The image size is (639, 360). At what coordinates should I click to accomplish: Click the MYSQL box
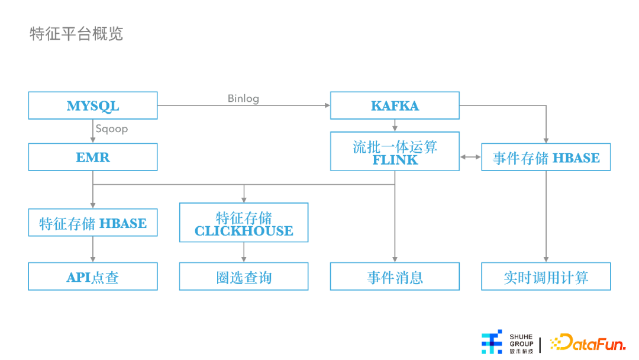[x=93, y=106]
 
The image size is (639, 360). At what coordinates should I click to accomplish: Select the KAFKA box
[x=395, y=106]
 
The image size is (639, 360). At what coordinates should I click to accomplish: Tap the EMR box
[x=93, y=157]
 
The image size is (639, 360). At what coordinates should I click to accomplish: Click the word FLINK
[x=395, y=160]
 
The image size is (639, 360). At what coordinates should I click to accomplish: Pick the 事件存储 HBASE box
[x=546, y=157]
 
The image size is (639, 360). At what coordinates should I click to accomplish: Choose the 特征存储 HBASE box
[x=93, y=223]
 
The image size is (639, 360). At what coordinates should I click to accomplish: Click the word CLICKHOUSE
[x=244, y=231]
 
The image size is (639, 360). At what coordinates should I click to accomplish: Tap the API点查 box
[x=93, y=277]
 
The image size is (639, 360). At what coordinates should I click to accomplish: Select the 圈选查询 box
[x=244, y=277]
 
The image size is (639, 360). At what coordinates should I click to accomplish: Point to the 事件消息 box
[x=395, y=277]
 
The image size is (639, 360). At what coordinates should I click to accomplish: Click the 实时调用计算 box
[x=546, y=277]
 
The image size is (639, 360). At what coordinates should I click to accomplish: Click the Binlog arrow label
[x=243, y=98]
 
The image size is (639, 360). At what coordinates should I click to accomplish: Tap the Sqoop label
[x=111, y=128]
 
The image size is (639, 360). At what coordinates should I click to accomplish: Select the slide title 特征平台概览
[x=76, y=33]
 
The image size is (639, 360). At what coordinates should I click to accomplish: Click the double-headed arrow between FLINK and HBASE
[x=470, y=157]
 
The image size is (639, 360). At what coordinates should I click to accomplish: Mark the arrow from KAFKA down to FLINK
[x=395, y=126]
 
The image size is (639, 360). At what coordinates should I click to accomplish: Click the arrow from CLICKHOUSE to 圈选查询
[x=244, y=252]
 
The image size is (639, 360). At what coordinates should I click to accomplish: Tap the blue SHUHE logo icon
[x=492, y=342]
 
